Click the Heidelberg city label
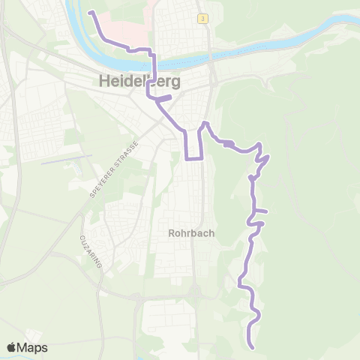point(142,82)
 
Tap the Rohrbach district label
point(191,232)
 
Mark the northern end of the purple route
point(91,13)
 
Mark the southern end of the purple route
point(252,347)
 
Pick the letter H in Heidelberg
point(105,82)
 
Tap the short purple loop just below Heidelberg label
point(163,97)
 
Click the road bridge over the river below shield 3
point(213,54)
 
